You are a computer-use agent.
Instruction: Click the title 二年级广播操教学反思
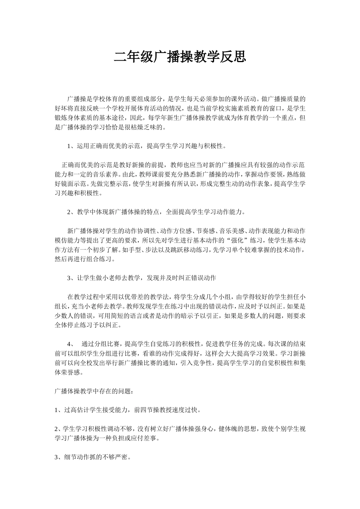[180, 57]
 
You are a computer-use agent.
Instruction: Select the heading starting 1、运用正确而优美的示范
[146, 146]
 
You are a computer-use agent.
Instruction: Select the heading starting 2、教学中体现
[156, 212]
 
